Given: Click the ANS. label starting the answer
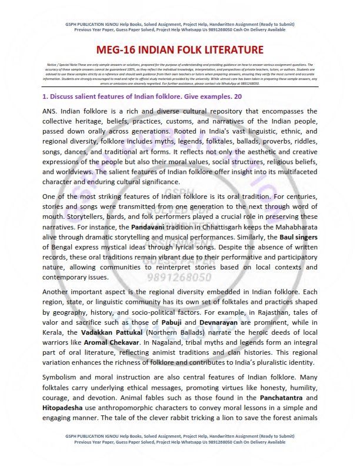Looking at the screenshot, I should tap(51, 111).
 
